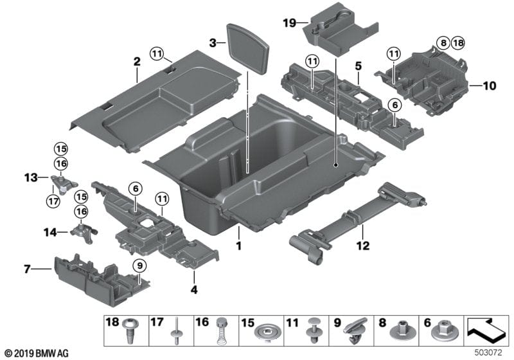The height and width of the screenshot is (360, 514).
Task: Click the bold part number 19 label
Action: click(x=289, y=22)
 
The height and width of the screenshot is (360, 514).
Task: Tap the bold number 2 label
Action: click(x=136, y=62)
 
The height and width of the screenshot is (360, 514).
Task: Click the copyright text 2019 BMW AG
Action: click(x=37, y=354)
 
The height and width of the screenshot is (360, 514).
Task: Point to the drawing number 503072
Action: click(x=490, y=354)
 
